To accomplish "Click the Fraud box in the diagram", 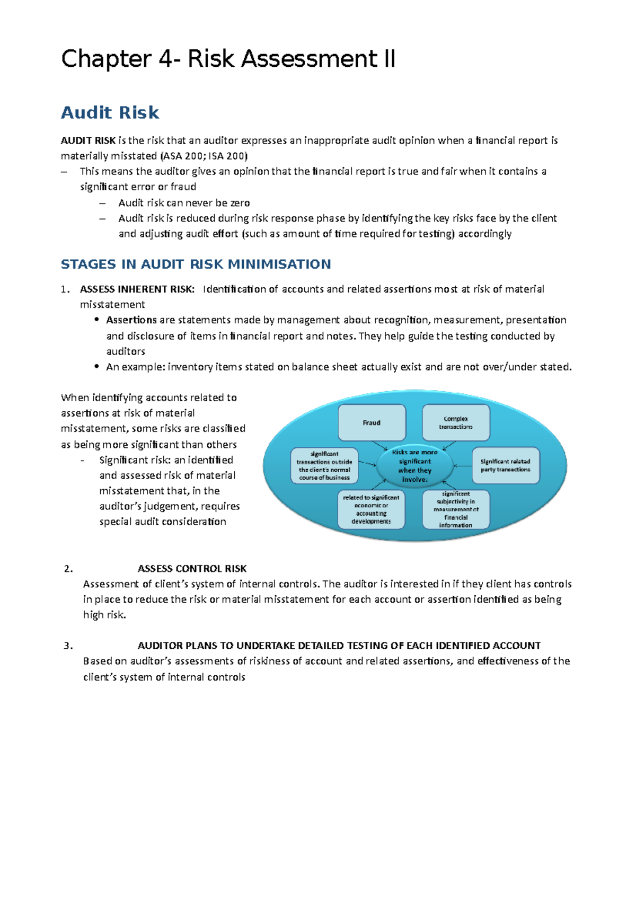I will [372, 422].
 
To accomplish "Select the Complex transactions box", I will [456, 422].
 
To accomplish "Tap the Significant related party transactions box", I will [506, 465].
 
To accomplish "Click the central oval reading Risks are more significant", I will [415, 466].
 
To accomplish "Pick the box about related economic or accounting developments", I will [371, 509].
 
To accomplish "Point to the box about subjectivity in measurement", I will [456, 509].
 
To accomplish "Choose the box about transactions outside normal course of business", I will [324, 465].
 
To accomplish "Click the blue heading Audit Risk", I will [110, 112].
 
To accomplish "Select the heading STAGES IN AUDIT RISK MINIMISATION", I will [196, 264].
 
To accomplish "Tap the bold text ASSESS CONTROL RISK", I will [192, 569].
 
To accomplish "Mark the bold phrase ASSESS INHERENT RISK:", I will [137, 289].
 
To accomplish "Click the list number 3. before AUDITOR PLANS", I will [68, 646].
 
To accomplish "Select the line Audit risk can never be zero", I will [184, 202].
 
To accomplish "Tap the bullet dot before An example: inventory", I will [96, 366].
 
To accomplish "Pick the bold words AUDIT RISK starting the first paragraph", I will [88, 140].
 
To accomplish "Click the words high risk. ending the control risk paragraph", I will [104, 615].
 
